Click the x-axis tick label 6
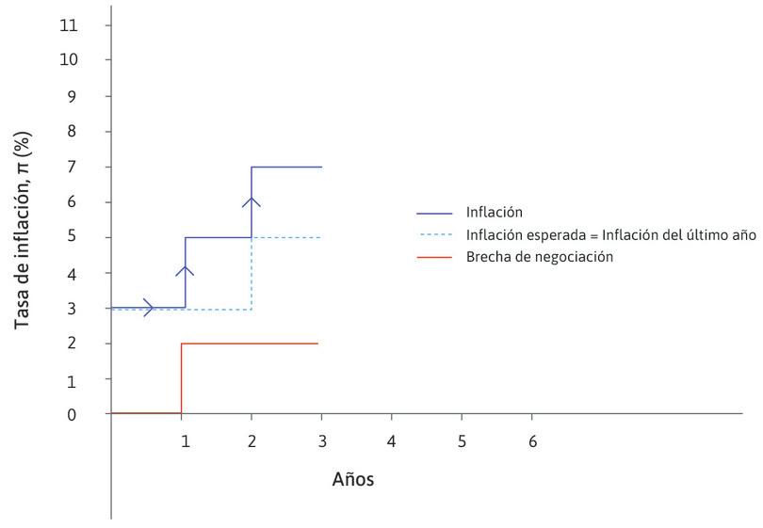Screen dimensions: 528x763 click(532, 440)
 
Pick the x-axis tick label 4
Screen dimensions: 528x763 click(391, 440)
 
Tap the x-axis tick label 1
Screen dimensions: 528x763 click(186, 440)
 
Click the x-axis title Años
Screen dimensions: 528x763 click(353, 479)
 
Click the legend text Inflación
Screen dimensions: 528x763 click(494, 212)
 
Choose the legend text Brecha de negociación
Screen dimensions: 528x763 click(539, 256)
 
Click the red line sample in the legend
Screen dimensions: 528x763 click(434, 257)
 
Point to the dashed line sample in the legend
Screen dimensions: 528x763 click(434, 234)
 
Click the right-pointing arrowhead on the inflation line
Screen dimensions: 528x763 click(149, 308)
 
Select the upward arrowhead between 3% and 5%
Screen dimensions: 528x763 click(186, 271)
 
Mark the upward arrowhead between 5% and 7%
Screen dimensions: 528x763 click(252, 200)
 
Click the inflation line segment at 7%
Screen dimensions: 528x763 click(287, 167)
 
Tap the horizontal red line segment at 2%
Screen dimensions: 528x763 click(250, 344)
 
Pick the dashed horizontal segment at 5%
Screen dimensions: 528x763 click(287, 237)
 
